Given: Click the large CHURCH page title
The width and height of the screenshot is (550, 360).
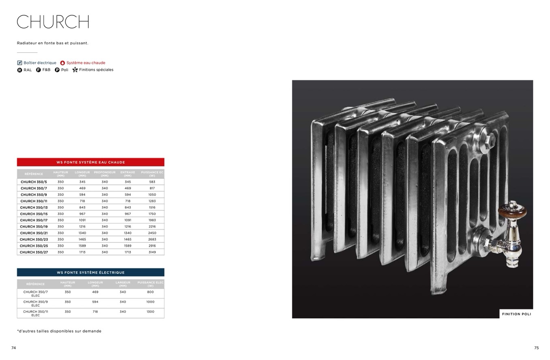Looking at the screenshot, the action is click(53, 21).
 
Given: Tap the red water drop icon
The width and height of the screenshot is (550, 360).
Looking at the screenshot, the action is click(62, 63).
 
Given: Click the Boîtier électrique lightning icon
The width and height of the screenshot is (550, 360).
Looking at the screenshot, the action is click(19, 63).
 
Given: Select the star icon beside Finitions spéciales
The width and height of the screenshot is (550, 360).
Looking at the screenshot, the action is click(75, 70).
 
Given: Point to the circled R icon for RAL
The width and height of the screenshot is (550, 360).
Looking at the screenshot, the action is click(19, 70).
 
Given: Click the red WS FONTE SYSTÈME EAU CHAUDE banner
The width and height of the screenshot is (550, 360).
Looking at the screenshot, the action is click(90, 162).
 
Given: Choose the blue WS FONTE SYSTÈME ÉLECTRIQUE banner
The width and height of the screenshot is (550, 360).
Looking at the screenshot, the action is click(90, 272).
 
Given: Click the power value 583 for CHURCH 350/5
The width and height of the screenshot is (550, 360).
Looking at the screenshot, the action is click(152, 182).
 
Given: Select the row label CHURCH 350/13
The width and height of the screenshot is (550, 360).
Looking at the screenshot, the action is click(34, 207).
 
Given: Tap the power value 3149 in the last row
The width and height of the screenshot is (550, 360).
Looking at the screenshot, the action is click(152, 252).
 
